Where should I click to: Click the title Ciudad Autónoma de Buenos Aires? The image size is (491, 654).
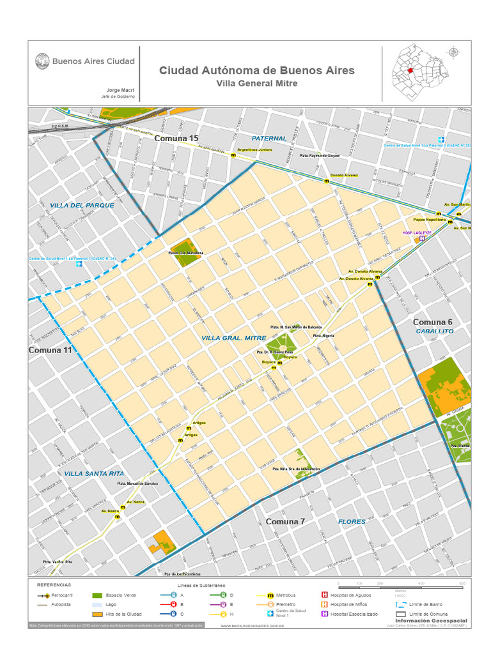click(256, 70)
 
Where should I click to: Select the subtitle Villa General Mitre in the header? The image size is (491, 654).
click(256, 84)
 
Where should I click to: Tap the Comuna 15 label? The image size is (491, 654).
click(176, 138)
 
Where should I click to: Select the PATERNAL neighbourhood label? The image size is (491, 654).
click(269, 138)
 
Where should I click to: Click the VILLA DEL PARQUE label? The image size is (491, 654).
click(82, 205)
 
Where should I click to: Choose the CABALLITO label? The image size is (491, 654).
click(434, 331)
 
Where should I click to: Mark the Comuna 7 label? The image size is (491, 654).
click(285, 522)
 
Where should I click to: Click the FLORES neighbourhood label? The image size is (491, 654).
click(352, 522)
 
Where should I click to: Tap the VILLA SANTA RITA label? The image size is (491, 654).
click(93, 473)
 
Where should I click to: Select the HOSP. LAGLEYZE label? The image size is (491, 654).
click(416, 233)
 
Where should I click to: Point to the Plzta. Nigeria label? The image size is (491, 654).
click(323, 335)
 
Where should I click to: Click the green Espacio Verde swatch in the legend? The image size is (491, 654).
click(97, 595)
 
